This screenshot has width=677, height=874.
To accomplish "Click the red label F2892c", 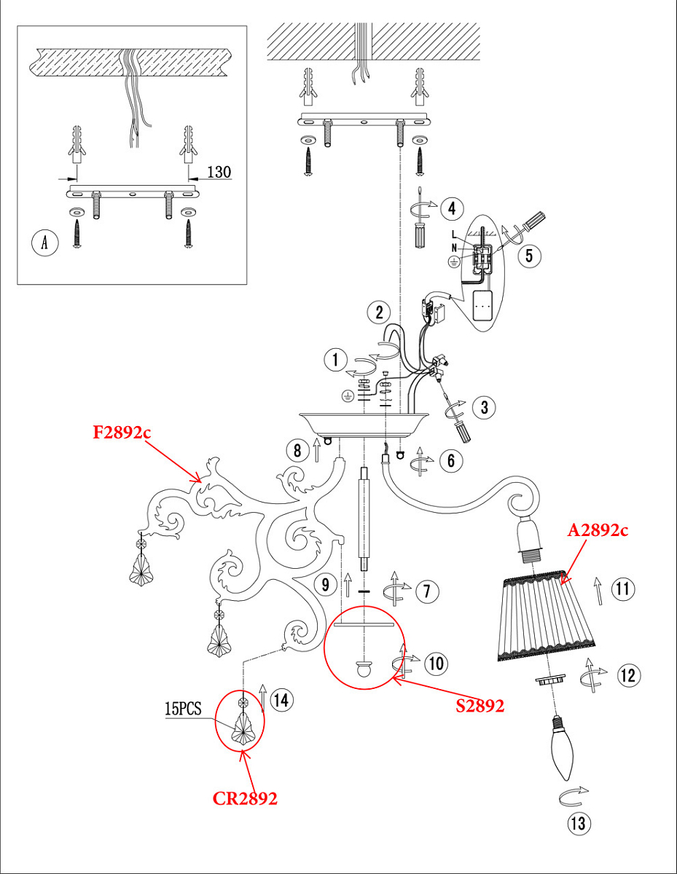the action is [x=122, y=433].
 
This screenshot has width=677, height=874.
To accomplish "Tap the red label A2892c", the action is [x=598, y=530].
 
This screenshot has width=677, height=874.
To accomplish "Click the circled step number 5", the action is [x=529, y=256].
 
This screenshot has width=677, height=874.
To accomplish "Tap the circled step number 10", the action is [x=437, y=664].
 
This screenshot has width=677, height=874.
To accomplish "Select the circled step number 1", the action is [x=336, y=360].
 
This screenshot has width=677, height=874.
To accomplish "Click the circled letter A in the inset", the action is [x=44, y=243].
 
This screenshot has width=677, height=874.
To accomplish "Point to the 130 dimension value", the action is [x=219, y=172].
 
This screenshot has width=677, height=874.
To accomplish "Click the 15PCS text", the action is [x=183, y=708].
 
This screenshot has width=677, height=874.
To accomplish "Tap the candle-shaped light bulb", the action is [x=563, y=748].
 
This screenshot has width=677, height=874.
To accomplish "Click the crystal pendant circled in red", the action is [x=243, y=725].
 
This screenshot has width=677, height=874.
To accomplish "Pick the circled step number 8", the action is [x=297, y=450].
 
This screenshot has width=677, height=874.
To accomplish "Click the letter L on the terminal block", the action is [x=455, y=235].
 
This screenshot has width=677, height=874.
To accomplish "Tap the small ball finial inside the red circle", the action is [x=364, y=669].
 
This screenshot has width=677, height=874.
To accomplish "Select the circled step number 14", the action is [x=281, y=700].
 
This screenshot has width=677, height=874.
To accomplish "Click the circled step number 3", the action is [x=485, y=407].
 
